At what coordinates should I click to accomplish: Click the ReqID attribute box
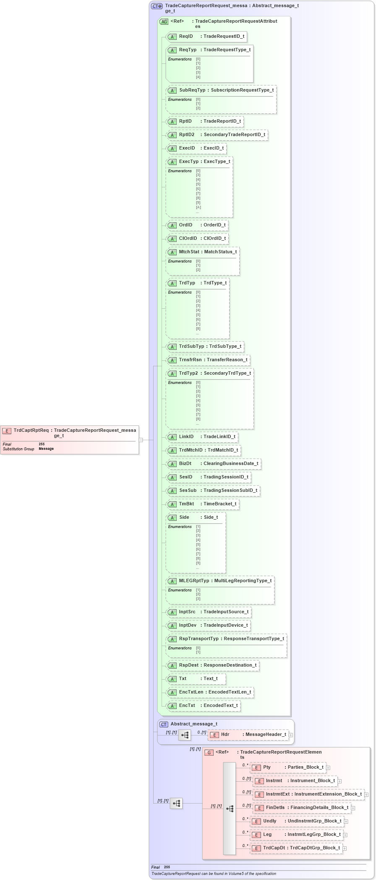click(206, 37)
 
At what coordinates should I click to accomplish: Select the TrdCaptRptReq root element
click(69, 433)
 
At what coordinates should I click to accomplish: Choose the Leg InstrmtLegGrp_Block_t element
click(296, 835)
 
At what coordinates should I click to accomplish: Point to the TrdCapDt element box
click(296, 848)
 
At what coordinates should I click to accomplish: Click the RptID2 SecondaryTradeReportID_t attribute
click(217, 135)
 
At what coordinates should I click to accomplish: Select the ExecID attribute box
click(196, 148)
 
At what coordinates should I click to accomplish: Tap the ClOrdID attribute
click(197, 239)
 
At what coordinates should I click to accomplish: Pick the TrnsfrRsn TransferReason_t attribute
click(208, 360)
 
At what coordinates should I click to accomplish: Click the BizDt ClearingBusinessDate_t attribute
click(214, 464)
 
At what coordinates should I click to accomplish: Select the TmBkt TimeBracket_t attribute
click(203, 504)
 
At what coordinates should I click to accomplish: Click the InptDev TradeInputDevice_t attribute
click(208, 625)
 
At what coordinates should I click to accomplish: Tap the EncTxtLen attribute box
click(210, 692)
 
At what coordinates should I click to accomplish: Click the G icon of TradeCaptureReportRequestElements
click(209, 752)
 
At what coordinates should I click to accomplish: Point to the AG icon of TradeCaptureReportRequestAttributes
click(164, 22)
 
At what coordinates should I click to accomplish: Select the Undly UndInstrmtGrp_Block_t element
click(297, 821)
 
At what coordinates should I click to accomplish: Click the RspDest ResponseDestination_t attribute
click(213, 665)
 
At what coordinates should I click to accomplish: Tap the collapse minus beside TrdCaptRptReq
click(141, 440)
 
